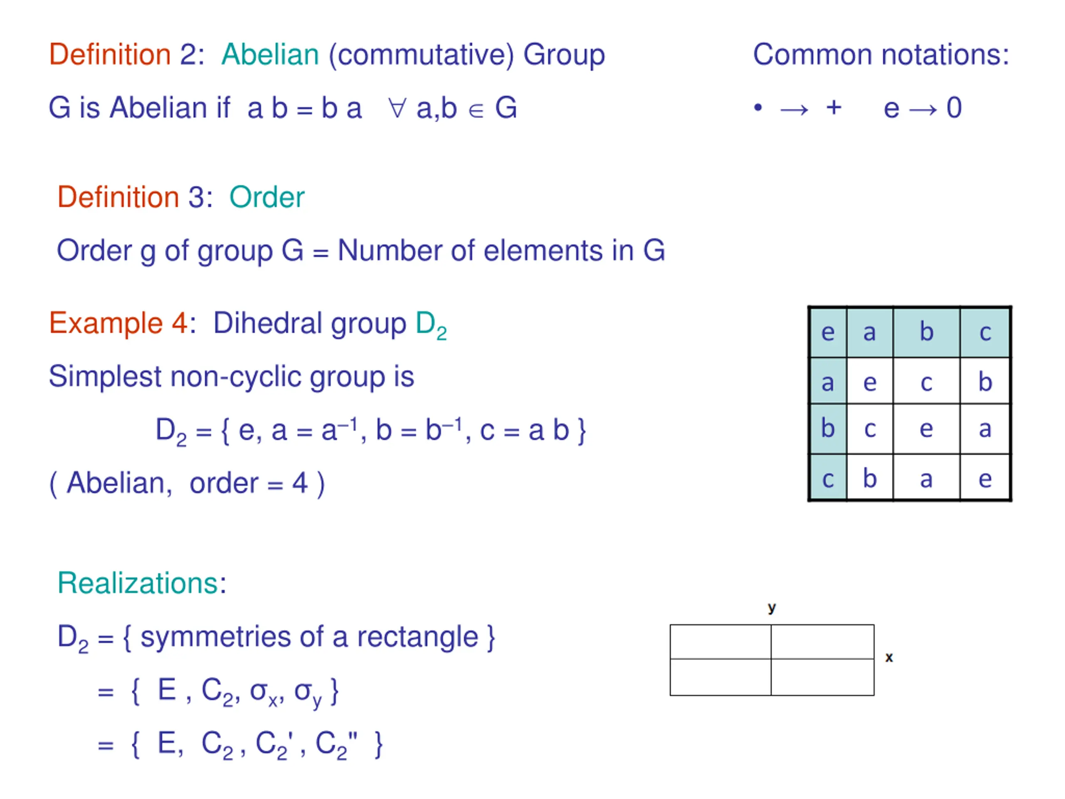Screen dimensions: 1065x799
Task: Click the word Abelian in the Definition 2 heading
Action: (x=270, y=55)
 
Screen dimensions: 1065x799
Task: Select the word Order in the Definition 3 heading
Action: (x=267, y=198)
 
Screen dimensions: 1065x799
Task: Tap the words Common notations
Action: (x=881, y=55)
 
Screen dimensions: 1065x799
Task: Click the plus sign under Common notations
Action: (x=834, y=107)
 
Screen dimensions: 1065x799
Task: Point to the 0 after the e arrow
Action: (x=954, y=108)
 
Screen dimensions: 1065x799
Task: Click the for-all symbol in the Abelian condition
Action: (x=397, y=108)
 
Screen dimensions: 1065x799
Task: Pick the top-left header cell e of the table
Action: (x=827, y=333)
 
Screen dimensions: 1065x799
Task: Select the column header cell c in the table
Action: (x=985, y=333)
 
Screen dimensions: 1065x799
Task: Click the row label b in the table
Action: (x=827, y=428)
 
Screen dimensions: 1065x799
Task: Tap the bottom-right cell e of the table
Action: (x=985, y=479)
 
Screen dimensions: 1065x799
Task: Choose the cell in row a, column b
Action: (x=926, y=382)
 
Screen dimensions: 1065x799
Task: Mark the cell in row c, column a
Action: (x=869, y=479)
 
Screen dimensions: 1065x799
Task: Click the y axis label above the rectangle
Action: (x=772, y=608)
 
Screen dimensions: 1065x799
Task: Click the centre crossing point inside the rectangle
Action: (x=771, y=658)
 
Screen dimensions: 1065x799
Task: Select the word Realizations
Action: (x=138, y=583)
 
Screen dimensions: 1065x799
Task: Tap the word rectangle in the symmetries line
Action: (x=417, y=637)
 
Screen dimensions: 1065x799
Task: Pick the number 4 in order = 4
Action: (x=300, y=483)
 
